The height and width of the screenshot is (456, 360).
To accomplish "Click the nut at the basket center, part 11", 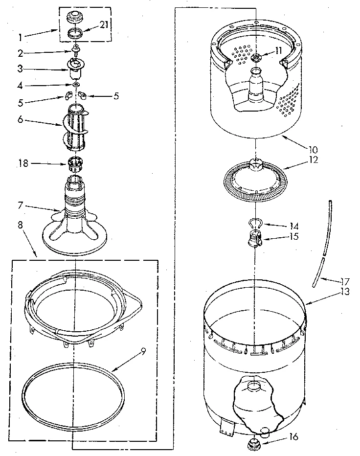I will point(255,58).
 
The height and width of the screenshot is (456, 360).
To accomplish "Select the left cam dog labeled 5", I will point(69,95).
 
